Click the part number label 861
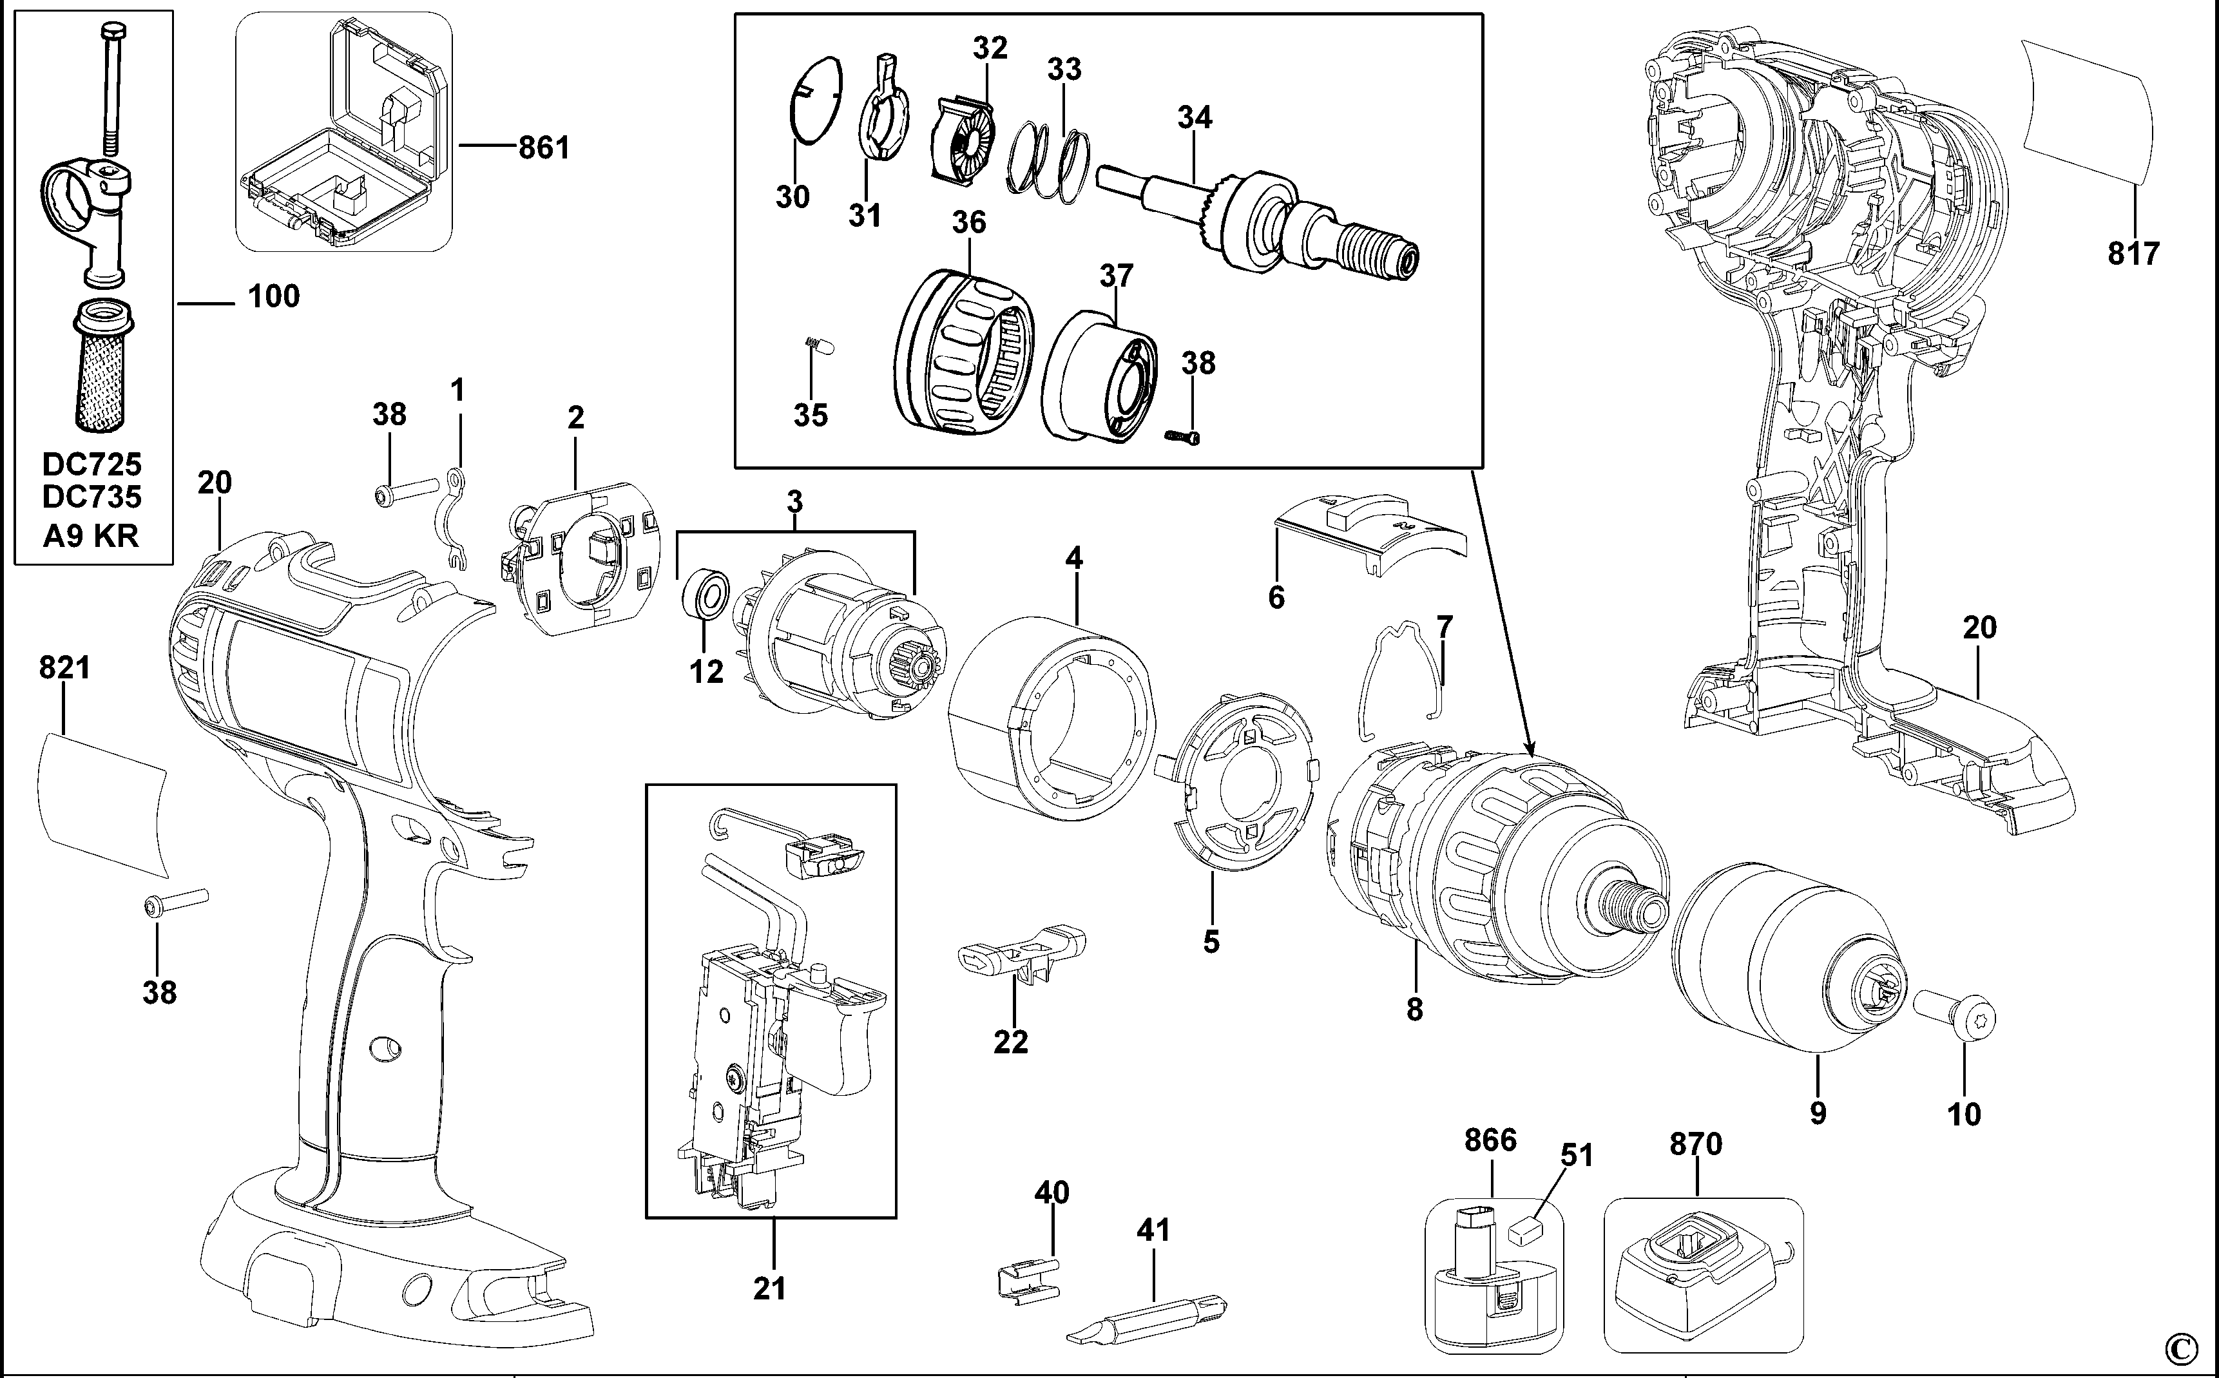543,147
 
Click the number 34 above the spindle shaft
1195,117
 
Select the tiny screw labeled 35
811,347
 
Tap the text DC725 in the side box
92,464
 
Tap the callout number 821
64,668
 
